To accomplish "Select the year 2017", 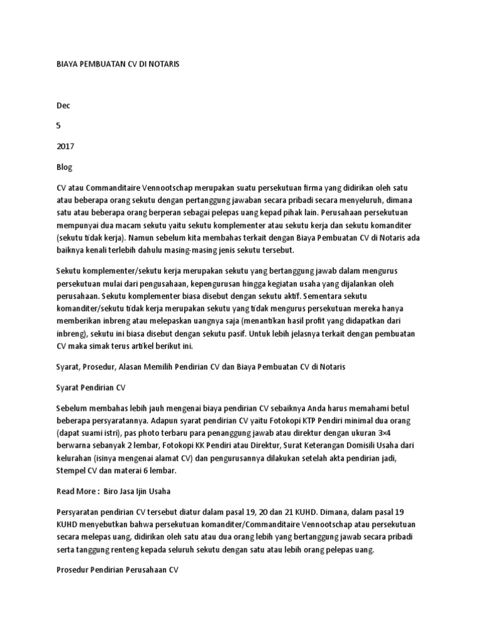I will pos(65,147).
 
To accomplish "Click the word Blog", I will pos(65,167).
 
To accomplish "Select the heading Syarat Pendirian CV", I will pos(91,387).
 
